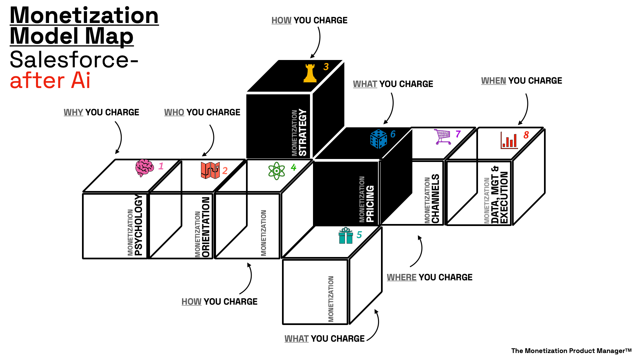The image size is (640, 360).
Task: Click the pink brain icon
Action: [144, 168]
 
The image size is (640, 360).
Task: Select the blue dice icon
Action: [379, 139]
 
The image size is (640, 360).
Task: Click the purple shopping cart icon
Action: [443, 137]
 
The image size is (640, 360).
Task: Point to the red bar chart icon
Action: [509, 140]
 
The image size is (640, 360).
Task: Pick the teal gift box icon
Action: [346, 236]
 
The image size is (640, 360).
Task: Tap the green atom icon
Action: [277, 171]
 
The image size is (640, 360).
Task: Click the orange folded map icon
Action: [210, 170]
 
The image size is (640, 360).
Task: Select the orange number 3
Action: [326, 67]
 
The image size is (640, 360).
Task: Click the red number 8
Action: [526, 135]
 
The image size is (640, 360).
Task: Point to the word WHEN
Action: [493, 81]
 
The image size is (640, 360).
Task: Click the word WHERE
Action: [401, 277]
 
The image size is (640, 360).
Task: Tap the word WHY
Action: [73, 112]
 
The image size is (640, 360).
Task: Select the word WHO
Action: [174, 112]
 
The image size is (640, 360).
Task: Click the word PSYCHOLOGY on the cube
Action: [138, 225]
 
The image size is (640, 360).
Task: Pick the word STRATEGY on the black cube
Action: [302, 132]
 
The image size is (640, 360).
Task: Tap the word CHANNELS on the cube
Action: [435, 199]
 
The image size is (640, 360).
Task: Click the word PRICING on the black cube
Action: [370, 204]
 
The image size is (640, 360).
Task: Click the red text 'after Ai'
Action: [50, 81]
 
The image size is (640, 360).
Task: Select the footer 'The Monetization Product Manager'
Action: [571, 351]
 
